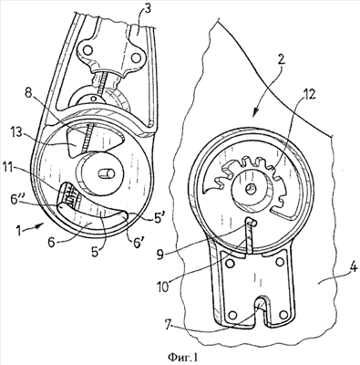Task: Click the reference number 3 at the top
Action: [148, 10]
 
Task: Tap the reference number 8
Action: [28, 93]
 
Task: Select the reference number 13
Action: [16, 133]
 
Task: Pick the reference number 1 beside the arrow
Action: [19, 231]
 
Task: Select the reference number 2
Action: [281, 60]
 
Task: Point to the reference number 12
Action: [309, 94]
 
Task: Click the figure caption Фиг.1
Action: [184, 356]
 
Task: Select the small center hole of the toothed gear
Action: [251, 191]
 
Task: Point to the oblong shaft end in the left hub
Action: [108, 174]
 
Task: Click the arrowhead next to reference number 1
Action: [40, 225]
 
